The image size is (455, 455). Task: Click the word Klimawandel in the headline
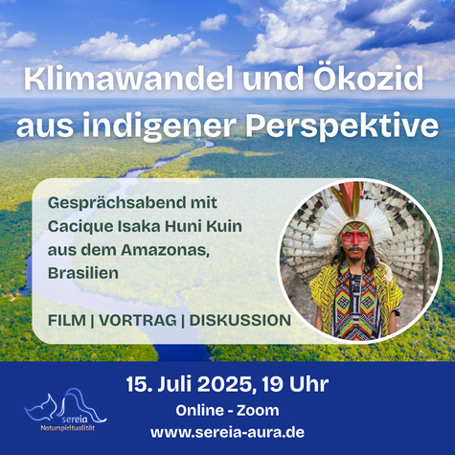point(128,80)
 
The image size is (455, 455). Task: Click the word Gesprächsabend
point(118,203)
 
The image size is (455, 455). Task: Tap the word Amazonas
point(165,250)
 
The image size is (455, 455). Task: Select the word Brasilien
point(83,273)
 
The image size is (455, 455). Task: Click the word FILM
point(67,320)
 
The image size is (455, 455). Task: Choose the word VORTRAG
point(138,320)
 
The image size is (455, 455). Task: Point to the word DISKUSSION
point(240,320)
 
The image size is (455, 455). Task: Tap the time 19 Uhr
point(295,384)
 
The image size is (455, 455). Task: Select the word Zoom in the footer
point(258,410)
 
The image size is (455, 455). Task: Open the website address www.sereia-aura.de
point(227,433)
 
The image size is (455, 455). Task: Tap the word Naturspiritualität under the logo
point(68,428)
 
